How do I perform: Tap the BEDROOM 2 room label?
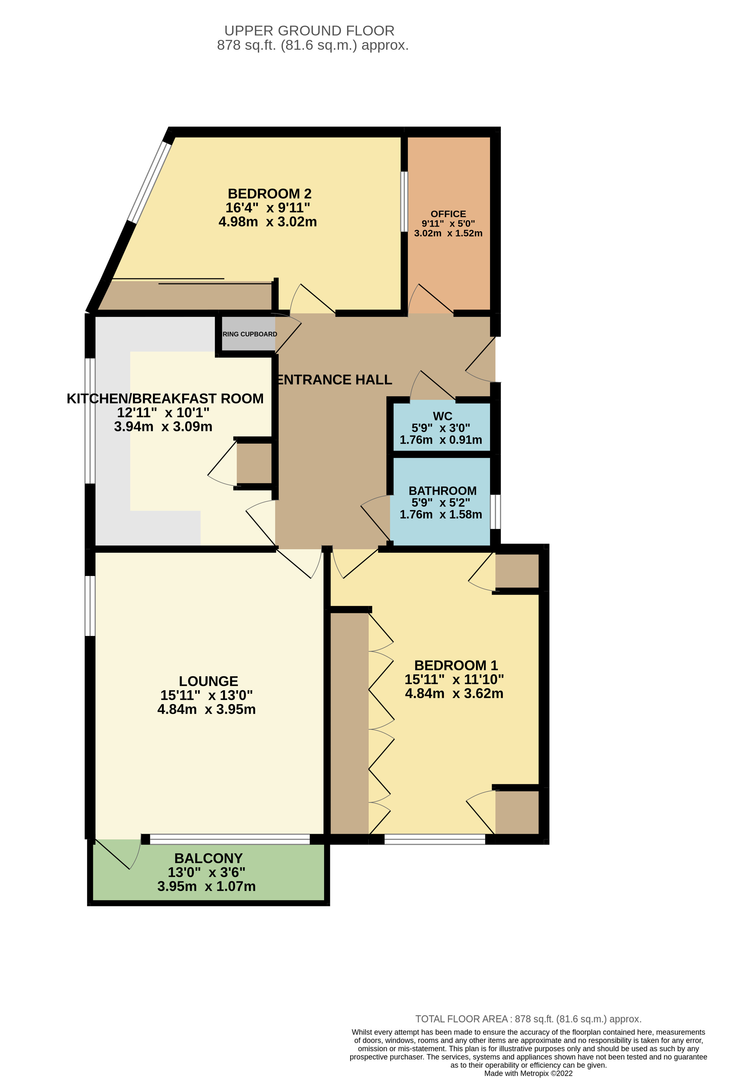click(270, 193)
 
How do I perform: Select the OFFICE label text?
click(448, 214)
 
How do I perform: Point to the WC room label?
click(442, 416)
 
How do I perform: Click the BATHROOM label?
click(443, 491)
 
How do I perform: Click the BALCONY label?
click(208, 858)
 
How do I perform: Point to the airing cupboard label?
click(250, 334)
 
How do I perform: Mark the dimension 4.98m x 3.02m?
click(268, 222)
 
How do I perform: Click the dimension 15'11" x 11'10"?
click(454, 680)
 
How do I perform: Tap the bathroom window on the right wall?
click(495, 512)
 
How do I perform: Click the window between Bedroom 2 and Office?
click(404, 201)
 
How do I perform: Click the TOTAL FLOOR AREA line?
click(528, 1019)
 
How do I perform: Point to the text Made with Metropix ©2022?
click(528, 1073)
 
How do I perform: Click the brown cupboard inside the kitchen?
click(254, 463)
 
